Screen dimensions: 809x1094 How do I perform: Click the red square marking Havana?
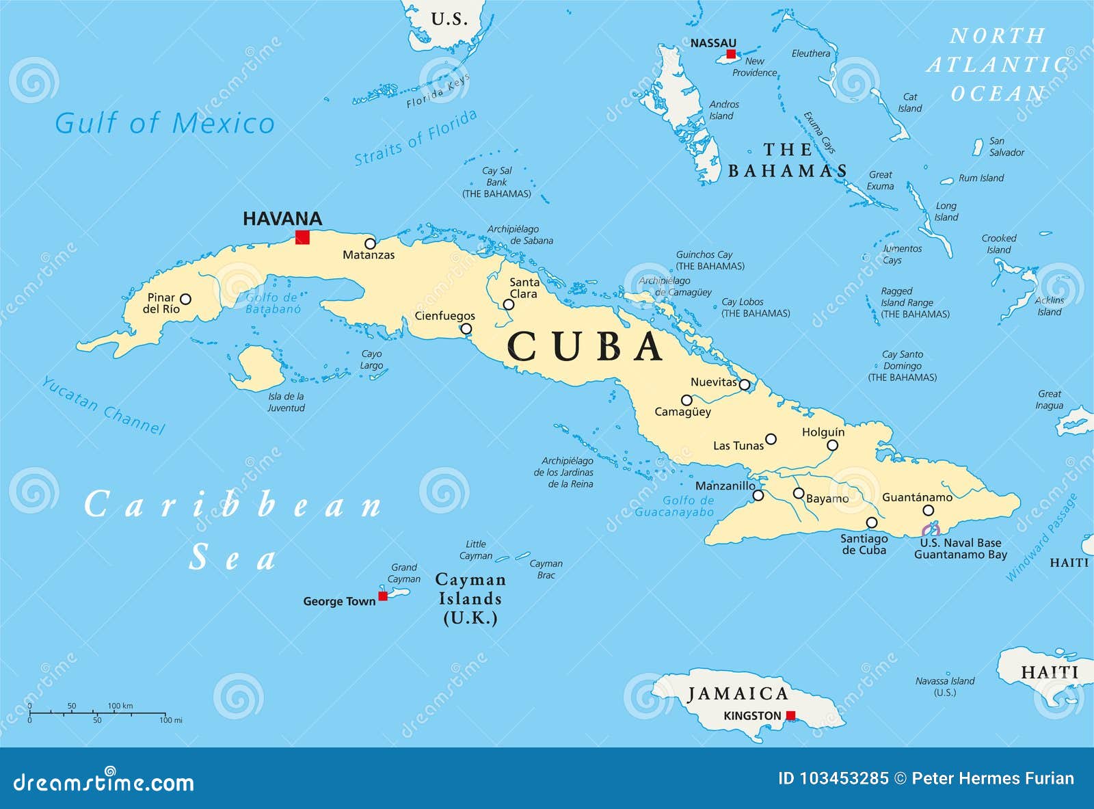coord(302,237)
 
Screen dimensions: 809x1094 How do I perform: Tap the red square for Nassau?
coord(731,54)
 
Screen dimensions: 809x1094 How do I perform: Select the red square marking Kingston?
coord(790,715)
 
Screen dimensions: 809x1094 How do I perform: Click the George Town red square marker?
coord(383,596)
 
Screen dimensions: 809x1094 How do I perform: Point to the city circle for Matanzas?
coord(370,243)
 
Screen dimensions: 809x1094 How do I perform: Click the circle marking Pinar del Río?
coord(185,299)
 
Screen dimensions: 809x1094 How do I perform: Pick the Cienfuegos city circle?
coord(466,329)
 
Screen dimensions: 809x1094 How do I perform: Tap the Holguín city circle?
coord(832,445)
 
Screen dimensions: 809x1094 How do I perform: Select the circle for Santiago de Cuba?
coord(872,522)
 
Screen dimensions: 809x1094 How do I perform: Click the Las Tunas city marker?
coord(771,439)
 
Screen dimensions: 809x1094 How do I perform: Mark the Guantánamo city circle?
coord(928,510)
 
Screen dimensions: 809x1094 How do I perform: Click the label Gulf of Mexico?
coord(164,124)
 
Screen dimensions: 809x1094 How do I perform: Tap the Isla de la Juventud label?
coord(286,402)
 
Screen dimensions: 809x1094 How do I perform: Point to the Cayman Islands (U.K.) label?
coord(470,599)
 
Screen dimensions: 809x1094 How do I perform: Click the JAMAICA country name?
coord(738,694)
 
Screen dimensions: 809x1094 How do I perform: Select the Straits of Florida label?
coord(416,137)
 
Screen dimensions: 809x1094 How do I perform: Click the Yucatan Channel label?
coord(103,406)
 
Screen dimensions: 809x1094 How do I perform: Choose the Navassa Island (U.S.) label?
coord(945,687)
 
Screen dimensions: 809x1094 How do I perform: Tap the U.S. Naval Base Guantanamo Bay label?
coord(960,548)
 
